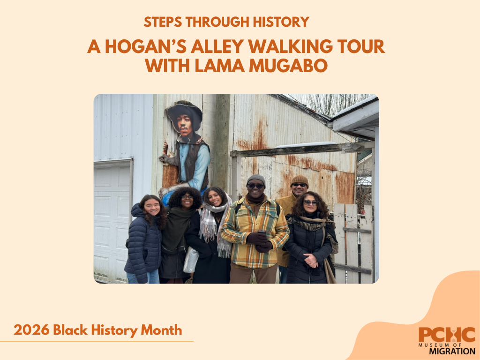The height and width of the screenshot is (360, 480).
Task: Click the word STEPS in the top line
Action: pos(161,22)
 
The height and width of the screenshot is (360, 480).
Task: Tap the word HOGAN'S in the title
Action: pos(148,47)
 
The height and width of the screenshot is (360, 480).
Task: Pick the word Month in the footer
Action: pos(162,330)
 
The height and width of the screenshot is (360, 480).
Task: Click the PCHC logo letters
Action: pos(447,335)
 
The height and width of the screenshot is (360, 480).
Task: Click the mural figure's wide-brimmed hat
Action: pos(184,111)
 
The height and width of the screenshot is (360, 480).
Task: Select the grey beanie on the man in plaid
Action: pos(256,179)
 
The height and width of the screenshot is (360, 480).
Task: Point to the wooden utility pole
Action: pos(222,141)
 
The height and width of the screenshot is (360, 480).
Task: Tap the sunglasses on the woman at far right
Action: pos(311,202)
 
